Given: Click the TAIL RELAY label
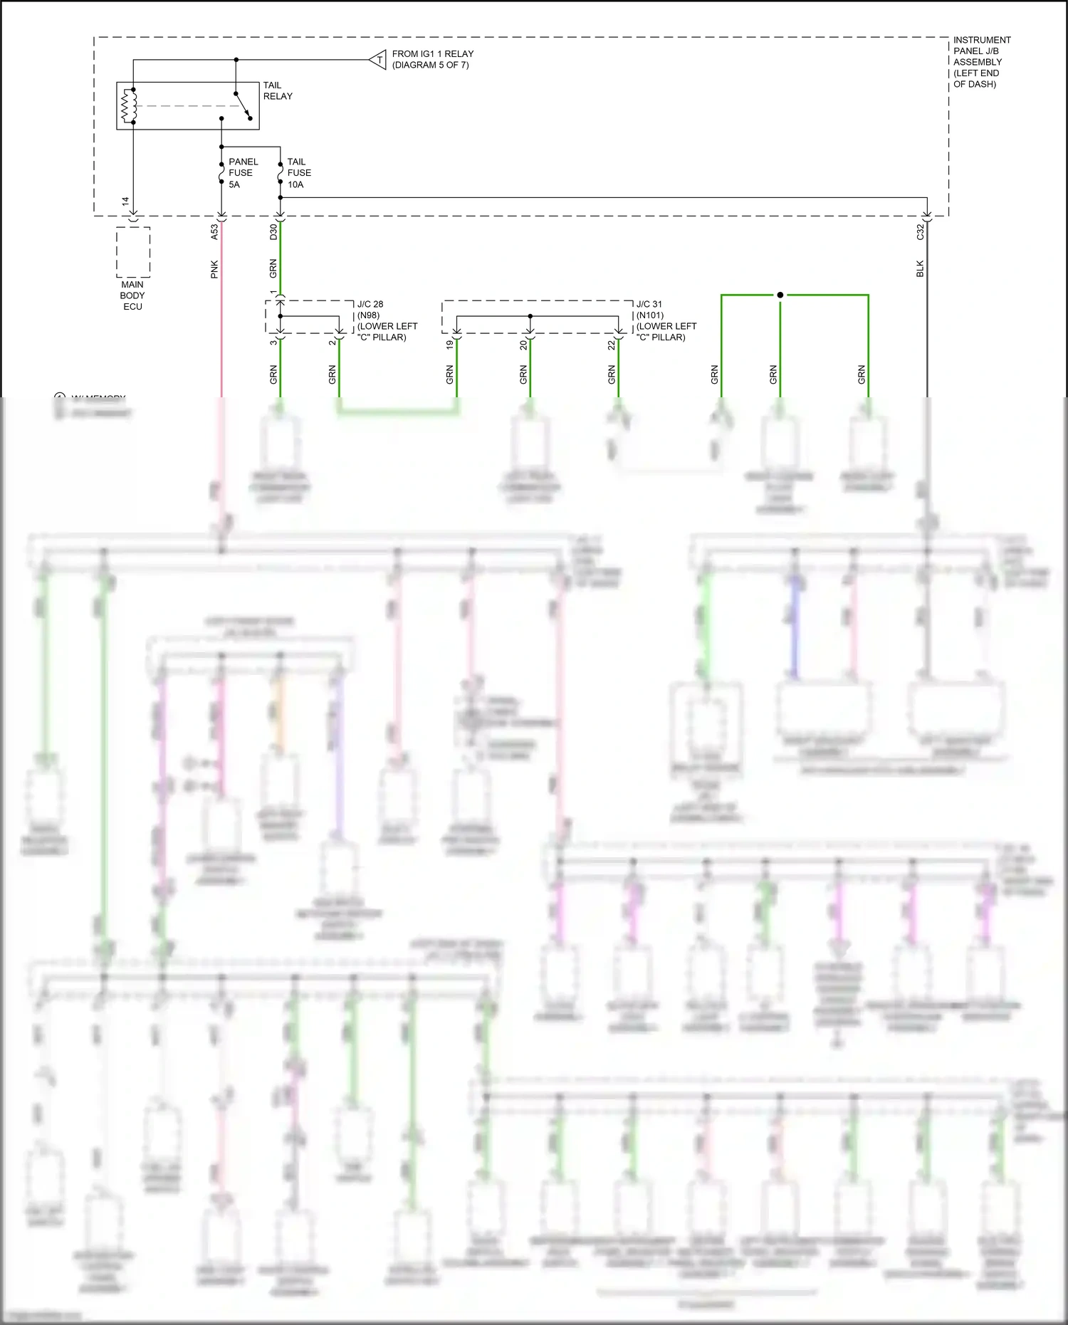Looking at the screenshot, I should (x=278, y=90).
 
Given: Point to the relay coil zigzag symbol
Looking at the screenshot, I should (x=129, y=105).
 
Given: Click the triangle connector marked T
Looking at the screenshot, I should (x=379, y=60).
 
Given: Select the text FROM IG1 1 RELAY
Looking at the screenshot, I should (x=432, y=54).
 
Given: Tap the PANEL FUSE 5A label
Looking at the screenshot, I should (x=243, y=173).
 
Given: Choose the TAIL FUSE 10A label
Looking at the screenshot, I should (x=299, y=173).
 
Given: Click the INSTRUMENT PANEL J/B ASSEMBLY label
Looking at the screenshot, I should (x=981, y=62).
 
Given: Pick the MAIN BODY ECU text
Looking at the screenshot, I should (x=132, y=295).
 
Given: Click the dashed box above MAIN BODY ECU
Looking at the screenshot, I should (x=133, y=252).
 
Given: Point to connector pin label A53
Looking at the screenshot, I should (x=214, y=231).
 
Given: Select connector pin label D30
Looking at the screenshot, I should (x=273, y=231).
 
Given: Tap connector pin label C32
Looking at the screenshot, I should (x=920, y=231).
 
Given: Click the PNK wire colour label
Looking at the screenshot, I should (x=214, y=269).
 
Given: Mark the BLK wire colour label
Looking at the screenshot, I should (x=920, y=269).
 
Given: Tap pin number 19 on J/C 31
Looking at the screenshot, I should (x=450, y=345).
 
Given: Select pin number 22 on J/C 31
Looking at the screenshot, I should (x=612, y=345).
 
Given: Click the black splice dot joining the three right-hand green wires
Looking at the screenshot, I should (x=780, y=295).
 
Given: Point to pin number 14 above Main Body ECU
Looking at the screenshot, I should (x=126, y=202).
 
